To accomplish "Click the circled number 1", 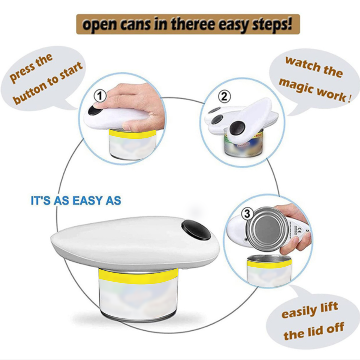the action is click(x=100, y=96).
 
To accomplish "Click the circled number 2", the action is click(x=224, y=96).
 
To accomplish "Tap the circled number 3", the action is click(x=247, y=214).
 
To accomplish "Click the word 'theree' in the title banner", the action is click(x=193, y=24).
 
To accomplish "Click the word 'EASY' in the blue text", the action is click(x=88, y=200).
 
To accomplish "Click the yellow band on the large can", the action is click(x=138, y=277).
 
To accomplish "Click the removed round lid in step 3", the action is click(x=267, y=229).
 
